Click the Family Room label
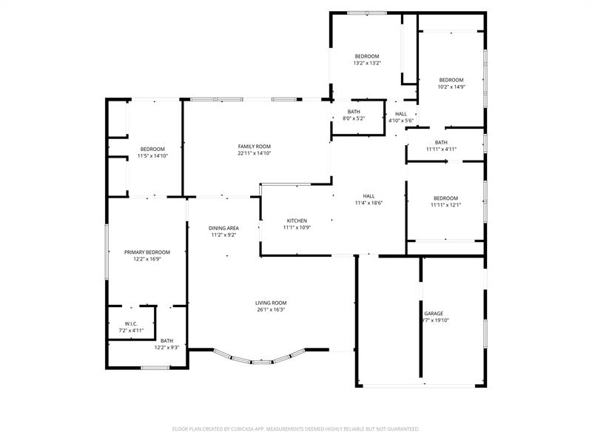[x=255, y=147]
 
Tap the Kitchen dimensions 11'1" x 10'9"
[x=297, y=227]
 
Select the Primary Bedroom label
[x=147, y=252]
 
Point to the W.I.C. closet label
[x=131, y=324]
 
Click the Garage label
[x=434, y=314]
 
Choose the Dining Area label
[x=223, y=228]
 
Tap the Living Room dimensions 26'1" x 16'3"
[x=271, y=309]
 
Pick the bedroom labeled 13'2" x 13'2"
[x=367, y=60]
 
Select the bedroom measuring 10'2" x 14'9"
[x=451, y=84]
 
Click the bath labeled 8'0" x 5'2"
[x=354, y=115]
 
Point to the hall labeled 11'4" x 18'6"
[x=369, y=199]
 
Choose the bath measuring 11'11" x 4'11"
[x=441, y=146]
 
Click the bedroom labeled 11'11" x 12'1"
[x=446, y=201]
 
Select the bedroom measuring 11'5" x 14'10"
[x=152, y=152]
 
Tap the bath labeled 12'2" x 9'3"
[x=166, y=344]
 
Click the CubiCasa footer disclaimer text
[x=295, y=429]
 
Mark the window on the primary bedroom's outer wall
[x=107, y=252]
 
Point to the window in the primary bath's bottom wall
[x=155, y=367]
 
